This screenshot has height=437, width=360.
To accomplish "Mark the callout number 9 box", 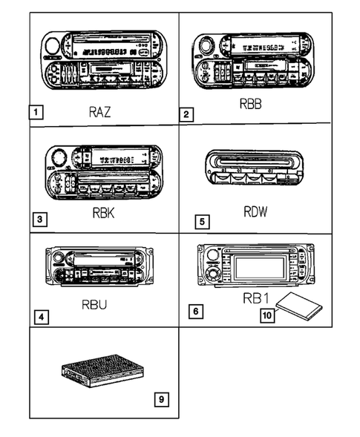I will (161, 400).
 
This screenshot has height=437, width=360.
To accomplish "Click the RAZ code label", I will (101, 113).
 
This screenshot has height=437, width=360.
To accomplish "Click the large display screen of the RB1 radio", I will (256, 265).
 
